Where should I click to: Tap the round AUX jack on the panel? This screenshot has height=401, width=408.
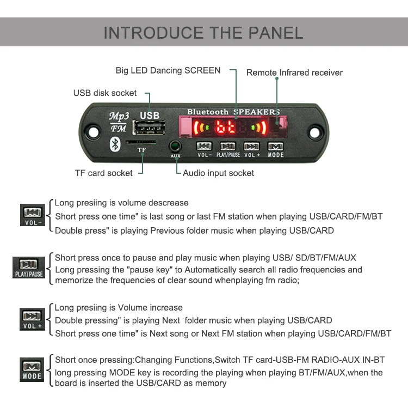175,146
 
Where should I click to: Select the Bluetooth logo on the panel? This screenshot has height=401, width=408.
115,143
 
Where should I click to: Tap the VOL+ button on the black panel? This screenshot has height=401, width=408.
251,147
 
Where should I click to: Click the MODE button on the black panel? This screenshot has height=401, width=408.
275,147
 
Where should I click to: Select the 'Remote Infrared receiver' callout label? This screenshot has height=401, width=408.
294,72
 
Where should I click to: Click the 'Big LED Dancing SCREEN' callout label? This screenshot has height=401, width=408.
168,70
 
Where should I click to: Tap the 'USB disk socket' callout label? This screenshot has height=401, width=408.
105,93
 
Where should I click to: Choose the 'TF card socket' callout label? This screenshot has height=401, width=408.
103,173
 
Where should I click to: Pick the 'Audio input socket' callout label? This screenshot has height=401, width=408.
218,173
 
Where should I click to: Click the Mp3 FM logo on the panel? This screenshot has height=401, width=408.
119,121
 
